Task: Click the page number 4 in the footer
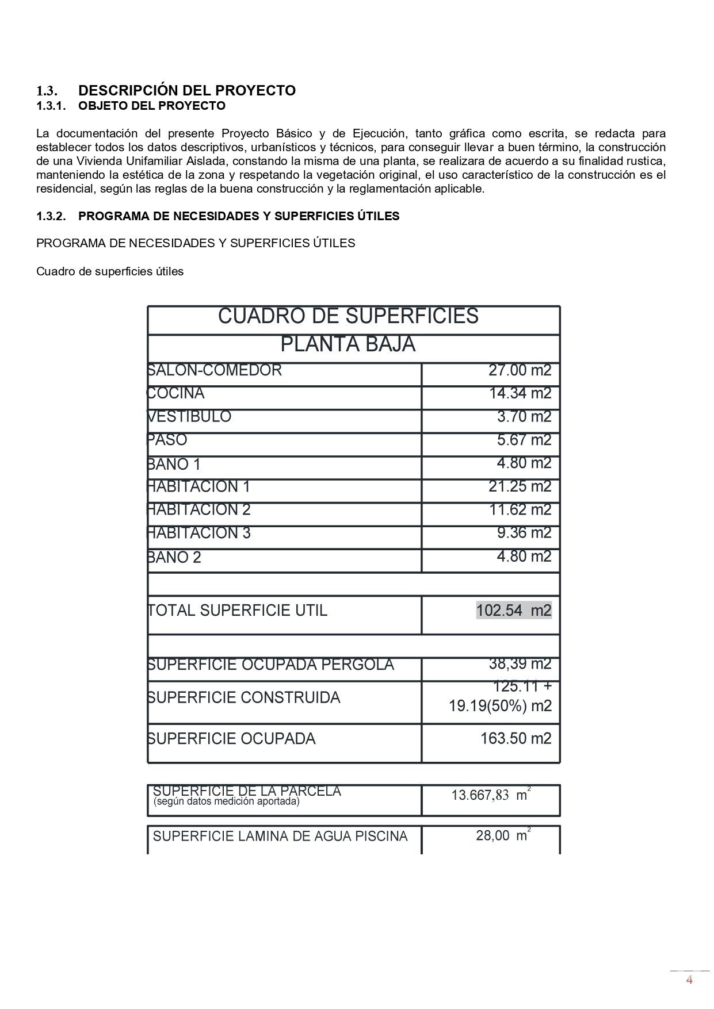click(x=689, y=980)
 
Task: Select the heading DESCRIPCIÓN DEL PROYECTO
click(x=187, y=90)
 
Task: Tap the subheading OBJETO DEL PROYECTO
click(x=152, y=106)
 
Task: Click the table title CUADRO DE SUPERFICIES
click(x=348, y=316)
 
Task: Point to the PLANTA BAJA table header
click(x=348, y=344)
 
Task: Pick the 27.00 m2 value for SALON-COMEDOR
click(x=520, y=370)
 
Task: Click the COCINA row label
click(x=176, y=393)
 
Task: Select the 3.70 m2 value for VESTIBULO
click(x=524, y=417)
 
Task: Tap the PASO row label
click(x=167, y=440)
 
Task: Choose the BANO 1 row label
click(x=174, y=464)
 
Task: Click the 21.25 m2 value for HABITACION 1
click(x=520, y=487)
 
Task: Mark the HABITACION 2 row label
click(x=199, y=510)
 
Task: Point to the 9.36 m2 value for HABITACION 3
click(x=524, y=533)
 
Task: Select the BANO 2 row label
click(x=174, y=557)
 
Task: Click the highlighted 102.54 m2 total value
click(x=514, y=611)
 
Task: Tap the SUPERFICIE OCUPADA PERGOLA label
click(x=271, y=665)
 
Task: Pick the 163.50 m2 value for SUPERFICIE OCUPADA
click(x=516, y=739)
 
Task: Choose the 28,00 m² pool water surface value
click(x=502, y=836)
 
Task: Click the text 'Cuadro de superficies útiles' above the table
click(x=110, y=271)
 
